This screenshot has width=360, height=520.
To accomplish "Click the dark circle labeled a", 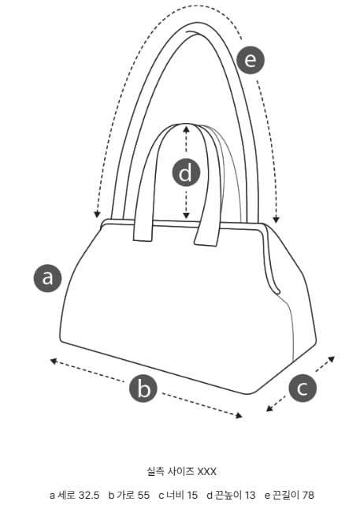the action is point(48,278).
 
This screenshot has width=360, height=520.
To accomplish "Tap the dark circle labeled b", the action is point(143,388).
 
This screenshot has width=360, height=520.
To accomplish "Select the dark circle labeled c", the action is point(302,388).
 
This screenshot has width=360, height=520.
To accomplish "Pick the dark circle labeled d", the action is point(186,173).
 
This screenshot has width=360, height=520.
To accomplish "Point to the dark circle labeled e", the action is point(251,60).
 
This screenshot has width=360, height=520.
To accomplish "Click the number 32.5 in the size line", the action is point(89,495).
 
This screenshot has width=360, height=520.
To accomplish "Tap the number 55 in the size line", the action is point(143,495).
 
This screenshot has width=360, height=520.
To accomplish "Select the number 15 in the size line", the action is point(192,495).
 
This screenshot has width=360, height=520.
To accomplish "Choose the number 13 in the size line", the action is point(250,495).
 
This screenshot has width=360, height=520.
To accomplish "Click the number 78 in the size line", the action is point(308,495).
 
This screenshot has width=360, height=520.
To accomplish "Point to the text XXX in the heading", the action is point(207,471).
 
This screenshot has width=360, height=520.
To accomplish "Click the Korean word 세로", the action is point(67,495).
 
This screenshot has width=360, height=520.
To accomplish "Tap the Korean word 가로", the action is point(125,495).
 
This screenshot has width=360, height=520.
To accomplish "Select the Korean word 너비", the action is point(175,495).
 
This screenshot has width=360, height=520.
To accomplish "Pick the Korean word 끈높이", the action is point(228,495).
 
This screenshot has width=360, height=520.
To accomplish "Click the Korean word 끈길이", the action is point(286,495).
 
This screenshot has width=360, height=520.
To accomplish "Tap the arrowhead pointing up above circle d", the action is point(186,128).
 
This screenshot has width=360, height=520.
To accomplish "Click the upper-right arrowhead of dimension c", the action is point(331,358).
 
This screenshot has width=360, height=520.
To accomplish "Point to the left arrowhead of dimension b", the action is point(54,361).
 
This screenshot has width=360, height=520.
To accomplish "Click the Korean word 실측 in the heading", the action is point(155,471).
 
